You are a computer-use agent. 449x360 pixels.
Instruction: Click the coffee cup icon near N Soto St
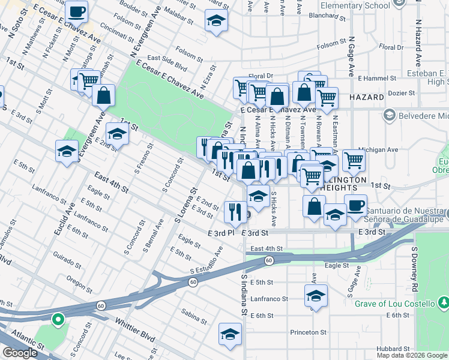point(76,11)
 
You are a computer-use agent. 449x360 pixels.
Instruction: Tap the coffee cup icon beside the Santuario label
point(356,205)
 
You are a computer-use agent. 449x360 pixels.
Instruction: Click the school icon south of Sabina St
point(229,335)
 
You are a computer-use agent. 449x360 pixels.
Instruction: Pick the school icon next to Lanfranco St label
point(316,296)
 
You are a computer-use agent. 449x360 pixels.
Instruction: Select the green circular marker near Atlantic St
point(58,319)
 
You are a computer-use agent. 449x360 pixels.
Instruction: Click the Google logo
point(20,353)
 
